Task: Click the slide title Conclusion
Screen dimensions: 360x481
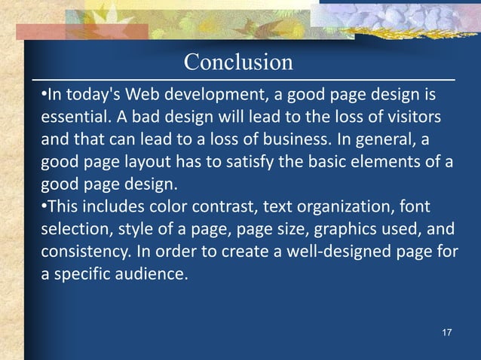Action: coord(238,62)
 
